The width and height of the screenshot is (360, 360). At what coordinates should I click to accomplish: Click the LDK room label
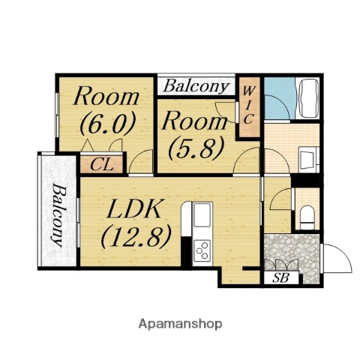pyautogui.click(x=133, y=208)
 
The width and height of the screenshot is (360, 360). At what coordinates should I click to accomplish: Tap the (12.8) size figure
pyautogui.click(x=136, y=236)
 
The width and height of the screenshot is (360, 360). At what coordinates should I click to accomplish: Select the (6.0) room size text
pyautogui.click(x=107, y=123)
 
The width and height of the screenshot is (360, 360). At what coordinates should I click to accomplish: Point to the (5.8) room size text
pyautogui.click(x=196, y=148)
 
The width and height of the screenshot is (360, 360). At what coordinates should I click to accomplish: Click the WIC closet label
pyautogui.click(x=248, y=105)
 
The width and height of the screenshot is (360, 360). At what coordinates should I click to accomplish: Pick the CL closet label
pyautogui.click(x=102, y=165)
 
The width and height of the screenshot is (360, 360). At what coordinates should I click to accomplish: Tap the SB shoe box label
pyautogui.click(x=280, y=277)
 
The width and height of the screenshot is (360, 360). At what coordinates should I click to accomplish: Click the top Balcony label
pyautogui.click(x=196, y=86)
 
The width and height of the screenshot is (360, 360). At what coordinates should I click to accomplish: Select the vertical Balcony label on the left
pyautogui.click(x=58, y=215)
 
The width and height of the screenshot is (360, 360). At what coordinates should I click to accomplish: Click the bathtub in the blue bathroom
pyautogui.click(x=307, y=98)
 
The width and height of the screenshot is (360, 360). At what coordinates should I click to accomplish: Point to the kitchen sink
pyautogui.click(x=202, y=215)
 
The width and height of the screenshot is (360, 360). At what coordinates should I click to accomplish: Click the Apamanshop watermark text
pyautogui.click(x=180, y=324)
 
